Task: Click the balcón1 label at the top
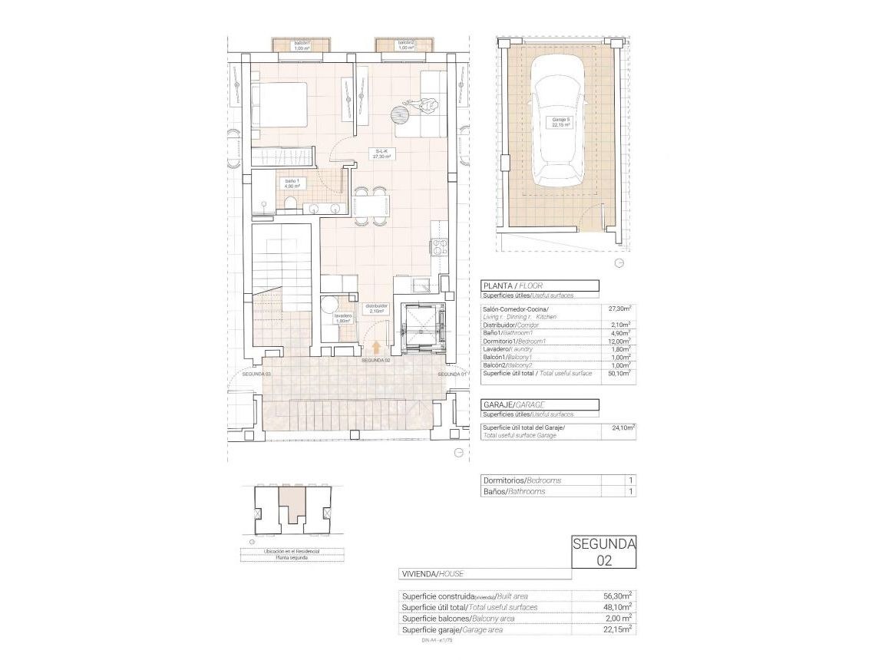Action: (x=301, y=45)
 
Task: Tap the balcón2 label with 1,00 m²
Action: (x=405, y=45)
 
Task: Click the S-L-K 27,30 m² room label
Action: (x=383, y=153)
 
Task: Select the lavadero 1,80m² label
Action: (x=342, y=318)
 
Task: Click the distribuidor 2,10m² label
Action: (x=377, y=309)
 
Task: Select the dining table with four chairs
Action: (x=371, y=206)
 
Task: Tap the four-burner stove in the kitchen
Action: (x=440, y=247)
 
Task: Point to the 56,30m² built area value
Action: (x=617, y=596)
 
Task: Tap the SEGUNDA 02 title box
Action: (x=604, y=552)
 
